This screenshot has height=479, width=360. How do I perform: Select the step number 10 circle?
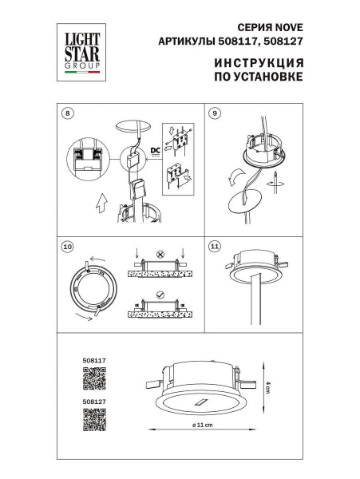(67, 247)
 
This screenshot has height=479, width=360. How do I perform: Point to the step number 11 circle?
(214, 247)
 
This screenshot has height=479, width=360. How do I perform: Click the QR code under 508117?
(94, 382)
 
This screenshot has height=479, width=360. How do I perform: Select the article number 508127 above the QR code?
(94, 403)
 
